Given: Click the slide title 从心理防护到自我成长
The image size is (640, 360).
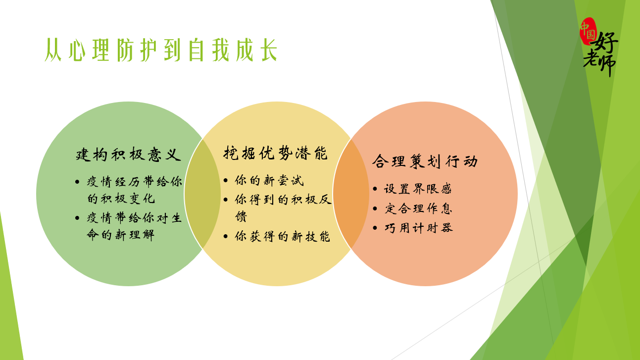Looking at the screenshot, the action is (161, 50).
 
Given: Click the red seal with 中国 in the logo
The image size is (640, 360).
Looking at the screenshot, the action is (589, 32).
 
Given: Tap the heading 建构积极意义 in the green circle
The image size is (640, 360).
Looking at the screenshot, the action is (128, 154).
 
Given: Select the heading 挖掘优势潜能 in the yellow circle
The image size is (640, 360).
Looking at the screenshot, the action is (275, 153).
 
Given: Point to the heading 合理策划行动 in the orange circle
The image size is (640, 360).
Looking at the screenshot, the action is (425, 161).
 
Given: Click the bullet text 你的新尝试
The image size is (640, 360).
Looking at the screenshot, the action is (269, 181).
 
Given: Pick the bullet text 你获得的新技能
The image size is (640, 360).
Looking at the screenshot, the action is (282, 237).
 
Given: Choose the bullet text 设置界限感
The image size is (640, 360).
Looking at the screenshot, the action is (418, 189).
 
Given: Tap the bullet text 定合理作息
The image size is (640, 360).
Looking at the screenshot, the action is (418, 208).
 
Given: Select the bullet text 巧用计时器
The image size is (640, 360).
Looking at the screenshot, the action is (418, 228).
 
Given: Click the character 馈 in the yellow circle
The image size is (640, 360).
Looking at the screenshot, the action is (241, 216).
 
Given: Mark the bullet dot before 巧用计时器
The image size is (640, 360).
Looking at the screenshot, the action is (375, 228).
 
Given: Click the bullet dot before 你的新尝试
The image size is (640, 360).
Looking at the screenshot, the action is (226, 181).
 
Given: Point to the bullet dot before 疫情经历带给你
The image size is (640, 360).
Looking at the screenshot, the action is (77, 182).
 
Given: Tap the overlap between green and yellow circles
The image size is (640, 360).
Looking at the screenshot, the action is (202, 194).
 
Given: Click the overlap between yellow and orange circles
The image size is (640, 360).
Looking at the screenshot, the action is (351, 194).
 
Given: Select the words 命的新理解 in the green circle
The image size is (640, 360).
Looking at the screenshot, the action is (121, 235).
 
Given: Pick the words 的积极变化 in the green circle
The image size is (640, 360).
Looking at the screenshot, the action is (121, 199).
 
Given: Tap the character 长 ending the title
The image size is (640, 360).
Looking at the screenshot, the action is (268, 51).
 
